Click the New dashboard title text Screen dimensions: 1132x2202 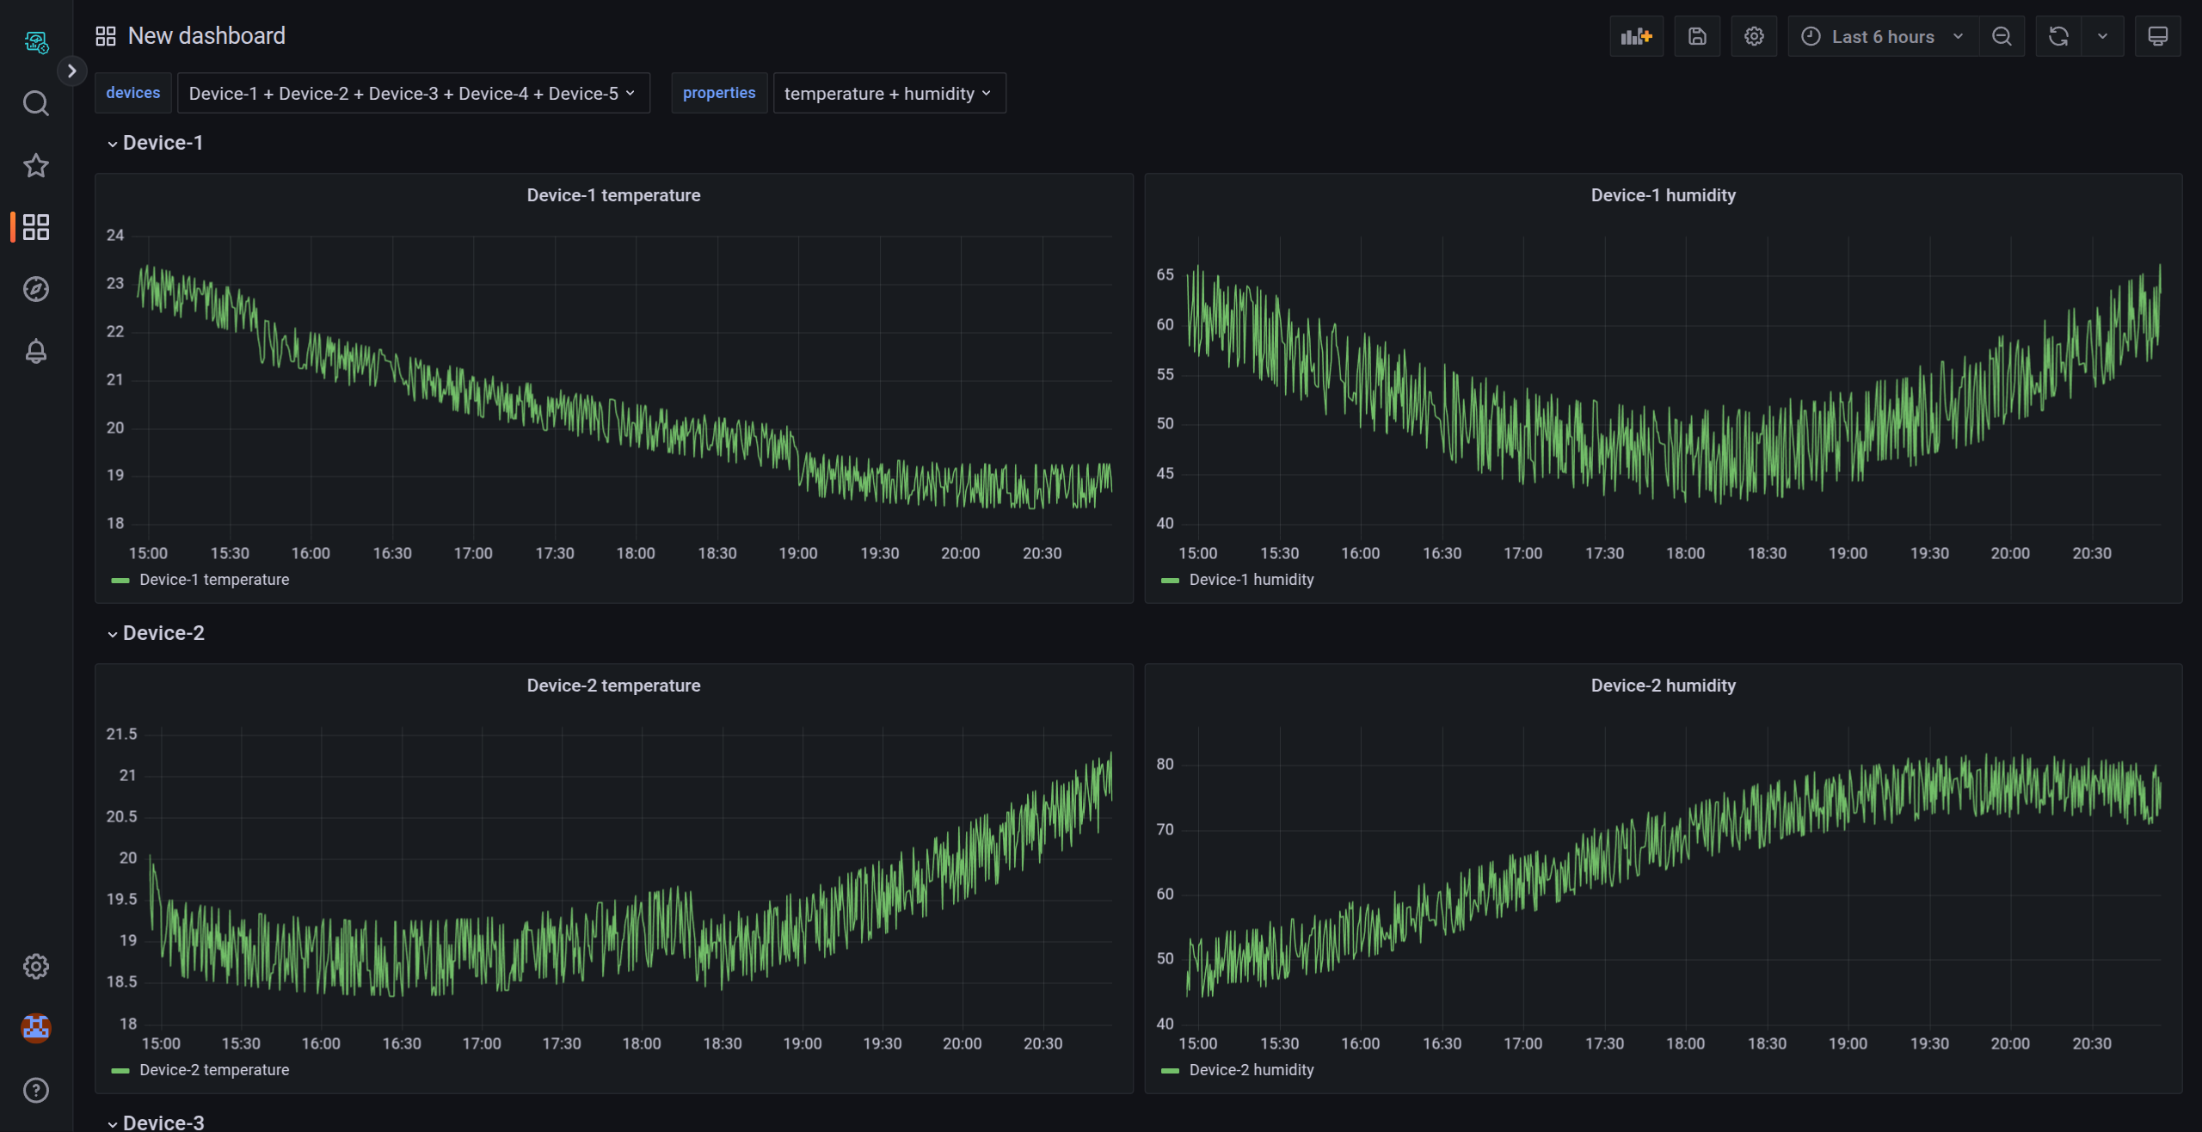[x=206, y=36]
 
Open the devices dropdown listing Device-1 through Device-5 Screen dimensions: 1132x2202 [x=412, y=93]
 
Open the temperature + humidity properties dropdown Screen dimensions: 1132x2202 [x=888, y=93]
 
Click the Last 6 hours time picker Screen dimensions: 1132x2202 [x=1882, y=36]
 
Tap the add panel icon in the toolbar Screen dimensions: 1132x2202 [x=1636, y=36]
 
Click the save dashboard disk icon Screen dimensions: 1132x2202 [x=1697, y=36]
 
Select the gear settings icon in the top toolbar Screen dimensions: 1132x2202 [x=1754, y=36]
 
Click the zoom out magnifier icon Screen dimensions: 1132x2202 [x=2002, y=36]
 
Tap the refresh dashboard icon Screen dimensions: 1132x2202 [x=2058, y=36]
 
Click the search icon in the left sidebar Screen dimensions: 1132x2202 [x=35, y=103]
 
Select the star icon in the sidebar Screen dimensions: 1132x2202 [x=35, y=165]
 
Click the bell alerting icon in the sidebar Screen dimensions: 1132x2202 [x=35, y=351]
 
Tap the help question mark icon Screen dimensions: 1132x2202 [x=35, y=1090]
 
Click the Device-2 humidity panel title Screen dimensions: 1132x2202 [x=1663, y=686]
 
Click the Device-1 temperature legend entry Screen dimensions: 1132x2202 [x=213, y=580]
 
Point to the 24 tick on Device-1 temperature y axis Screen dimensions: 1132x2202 [x=115, y=235]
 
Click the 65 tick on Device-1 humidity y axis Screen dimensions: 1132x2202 [x=1165, y=274]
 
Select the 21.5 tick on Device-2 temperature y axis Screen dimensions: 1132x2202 [x=121, y=734]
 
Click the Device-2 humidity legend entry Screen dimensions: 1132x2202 [x=1251, y=1070]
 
